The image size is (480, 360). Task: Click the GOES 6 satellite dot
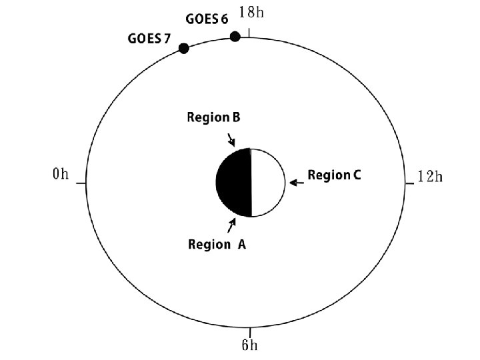point(235,37)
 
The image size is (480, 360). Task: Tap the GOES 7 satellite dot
point(183,48)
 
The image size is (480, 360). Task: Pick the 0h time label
point(61,175)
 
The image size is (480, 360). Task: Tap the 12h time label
point(429,176)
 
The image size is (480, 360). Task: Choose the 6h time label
point(249,345)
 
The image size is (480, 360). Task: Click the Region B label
point(213,118)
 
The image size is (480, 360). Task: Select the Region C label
point(334,175)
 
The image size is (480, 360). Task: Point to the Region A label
point(217,245)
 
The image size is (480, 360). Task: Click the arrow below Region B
point(231,139)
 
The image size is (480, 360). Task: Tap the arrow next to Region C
point(295,182)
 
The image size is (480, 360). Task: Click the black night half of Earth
point(234,181)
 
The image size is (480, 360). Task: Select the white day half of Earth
point(267,181)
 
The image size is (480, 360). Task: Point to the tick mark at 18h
point(249,33)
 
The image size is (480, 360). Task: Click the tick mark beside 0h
point(81,183)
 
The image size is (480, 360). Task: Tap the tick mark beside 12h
point(409,183)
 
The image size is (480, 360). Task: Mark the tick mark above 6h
point(249,332)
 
